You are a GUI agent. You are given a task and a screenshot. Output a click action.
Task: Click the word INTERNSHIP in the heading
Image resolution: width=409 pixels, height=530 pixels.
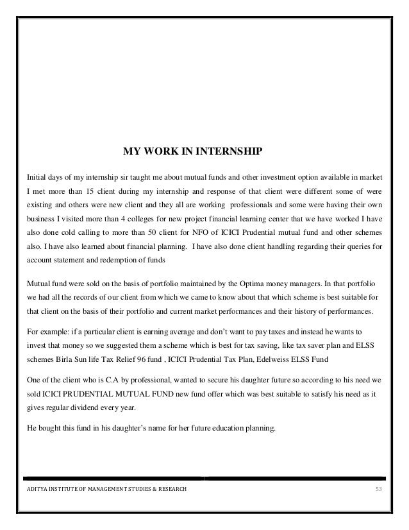[x=230, y=152]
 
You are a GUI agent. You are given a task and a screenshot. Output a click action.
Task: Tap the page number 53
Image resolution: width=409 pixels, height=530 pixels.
[x=378, y=491]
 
